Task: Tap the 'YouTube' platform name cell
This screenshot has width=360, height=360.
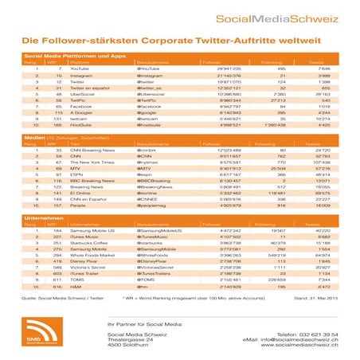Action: coord(80,69)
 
